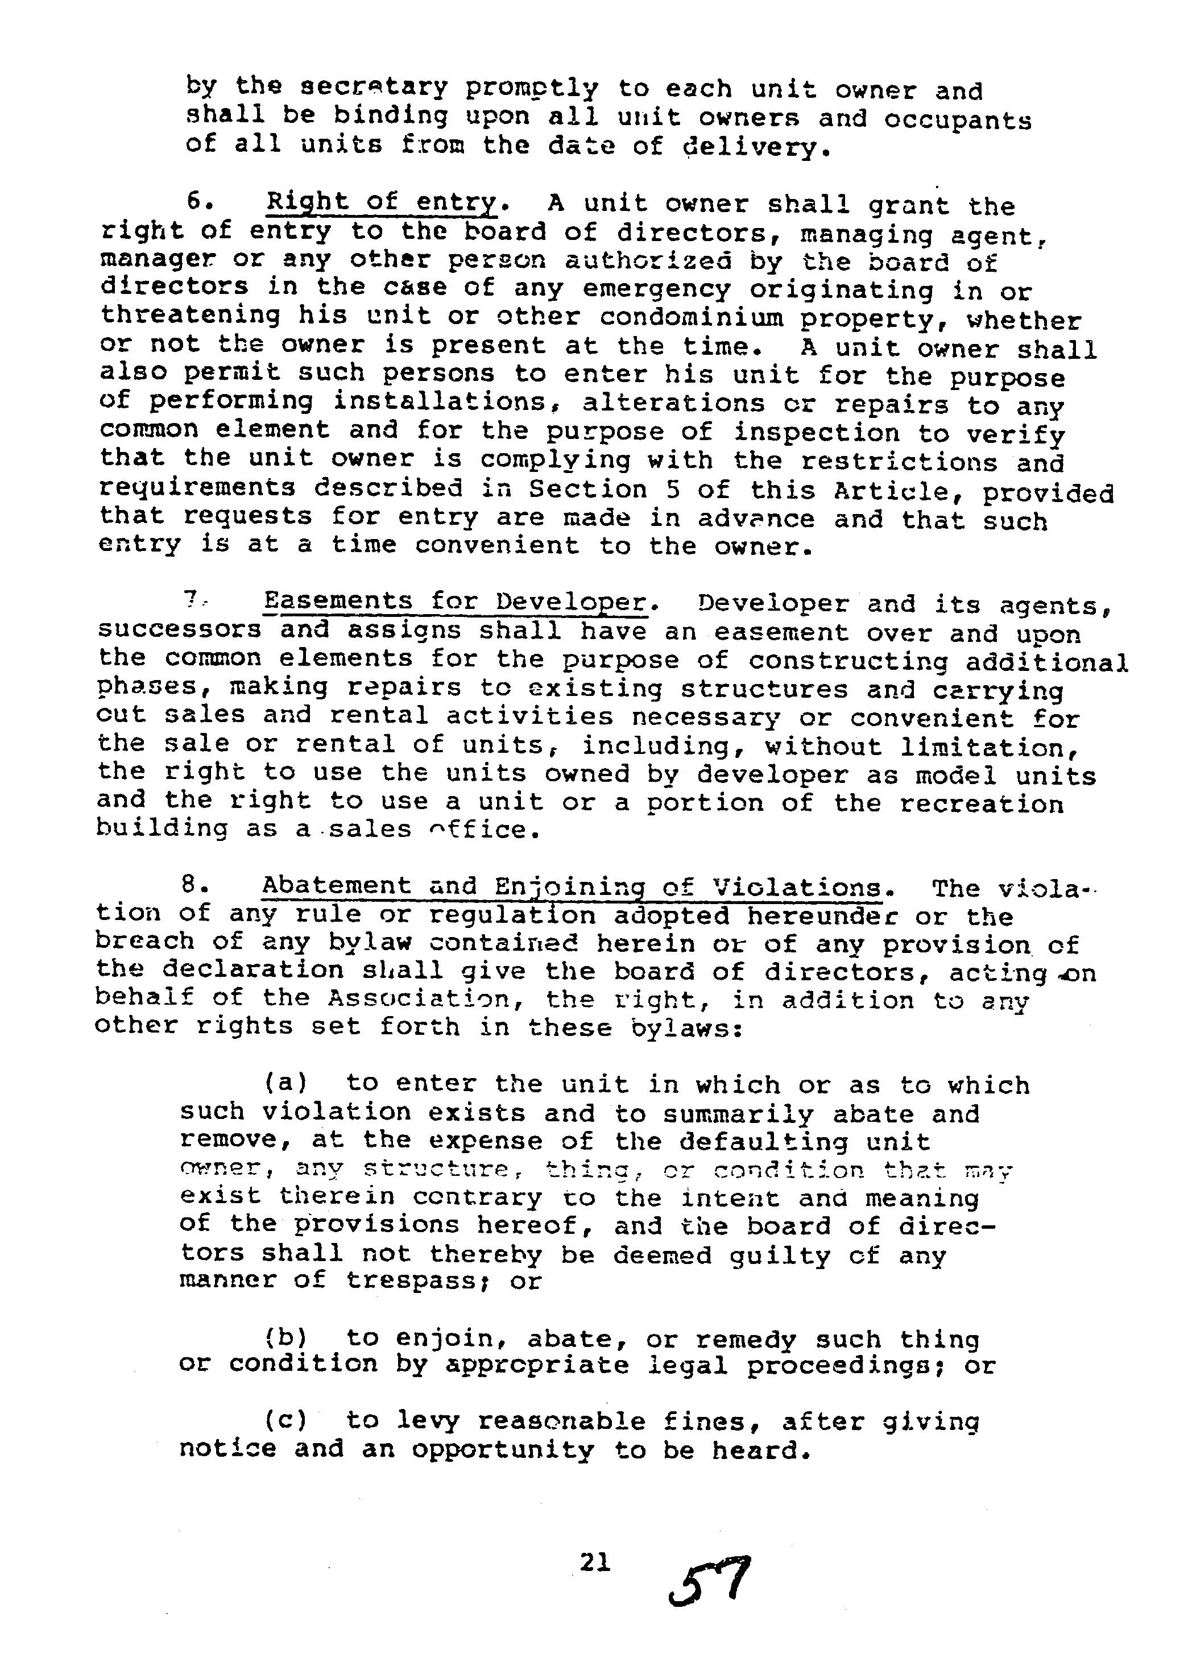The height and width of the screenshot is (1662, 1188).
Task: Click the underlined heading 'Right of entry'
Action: coord(381,202)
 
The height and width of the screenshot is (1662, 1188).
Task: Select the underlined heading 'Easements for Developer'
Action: coord(456,602)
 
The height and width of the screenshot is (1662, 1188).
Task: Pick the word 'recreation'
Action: coord(981,803)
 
